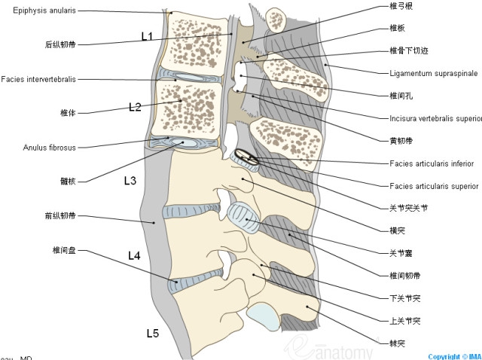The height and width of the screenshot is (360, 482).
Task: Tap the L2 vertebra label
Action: [x=135, y=107]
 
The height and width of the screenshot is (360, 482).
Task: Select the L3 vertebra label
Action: [x=130, y=181]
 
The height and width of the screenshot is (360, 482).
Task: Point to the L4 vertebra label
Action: [x=134, y=255]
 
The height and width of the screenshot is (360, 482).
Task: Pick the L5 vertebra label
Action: [x=152, y=332]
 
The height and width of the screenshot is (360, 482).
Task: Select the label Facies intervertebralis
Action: [x=38, y=78]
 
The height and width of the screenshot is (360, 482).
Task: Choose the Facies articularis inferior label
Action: [x=432, y=163]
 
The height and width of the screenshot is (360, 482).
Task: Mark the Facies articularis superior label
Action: [x=434, y=185]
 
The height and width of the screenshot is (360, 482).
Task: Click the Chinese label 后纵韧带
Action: [x=59, y=44]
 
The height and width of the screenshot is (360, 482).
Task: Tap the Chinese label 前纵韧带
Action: [x=59, y=216]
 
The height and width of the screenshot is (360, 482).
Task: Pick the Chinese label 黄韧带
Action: [x=397, y=141]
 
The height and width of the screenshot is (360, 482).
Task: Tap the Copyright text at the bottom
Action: [x=454, y=356]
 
